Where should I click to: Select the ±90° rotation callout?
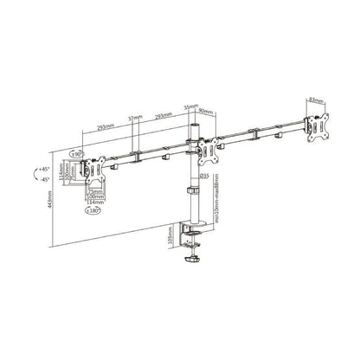point(76,154)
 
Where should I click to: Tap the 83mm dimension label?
point(314,99)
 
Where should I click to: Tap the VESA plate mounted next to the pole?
point(208,150)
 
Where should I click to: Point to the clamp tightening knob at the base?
point(190,258)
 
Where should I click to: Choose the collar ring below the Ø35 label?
point(191,189)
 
